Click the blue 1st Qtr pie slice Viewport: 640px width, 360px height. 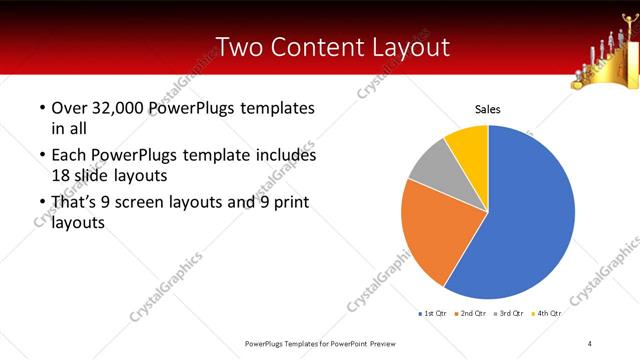tap(525, 215)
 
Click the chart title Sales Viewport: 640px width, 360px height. tap(487, 109)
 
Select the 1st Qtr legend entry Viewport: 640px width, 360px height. tap(433, 314)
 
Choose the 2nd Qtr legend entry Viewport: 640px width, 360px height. tap(470, 314)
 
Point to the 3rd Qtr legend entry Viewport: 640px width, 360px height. tap(508, 314)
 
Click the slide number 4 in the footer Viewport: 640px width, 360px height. tap(590, 343)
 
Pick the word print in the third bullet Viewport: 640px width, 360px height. tap(289, 203)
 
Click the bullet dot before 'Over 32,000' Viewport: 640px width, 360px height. tap(41, 108)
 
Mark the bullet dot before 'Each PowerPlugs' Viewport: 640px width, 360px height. tap(41, 156)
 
